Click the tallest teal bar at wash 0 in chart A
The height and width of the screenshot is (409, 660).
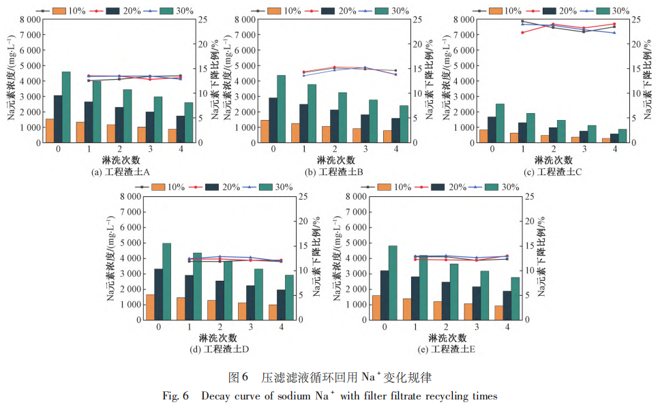(x=66, y=107)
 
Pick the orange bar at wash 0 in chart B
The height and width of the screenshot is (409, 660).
(x=265, y=132)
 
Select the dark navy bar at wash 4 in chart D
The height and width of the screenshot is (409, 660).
(x=282, y=305)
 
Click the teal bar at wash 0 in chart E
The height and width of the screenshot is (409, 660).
(x=393, y=283)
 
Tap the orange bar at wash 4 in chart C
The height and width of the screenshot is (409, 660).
(x=606, y=140)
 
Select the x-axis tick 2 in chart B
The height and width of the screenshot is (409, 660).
(x=334, y=149)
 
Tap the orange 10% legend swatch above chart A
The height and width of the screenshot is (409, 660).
(x=59, y=10)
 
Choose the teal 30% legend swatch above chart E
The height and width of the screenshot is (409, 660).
(x=491, y=187)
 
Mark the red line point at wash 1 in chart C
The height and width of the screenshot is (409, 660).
(x=523, y=33)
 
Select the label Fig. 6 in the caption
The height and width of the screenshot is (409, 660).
(x=175, y=396)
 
